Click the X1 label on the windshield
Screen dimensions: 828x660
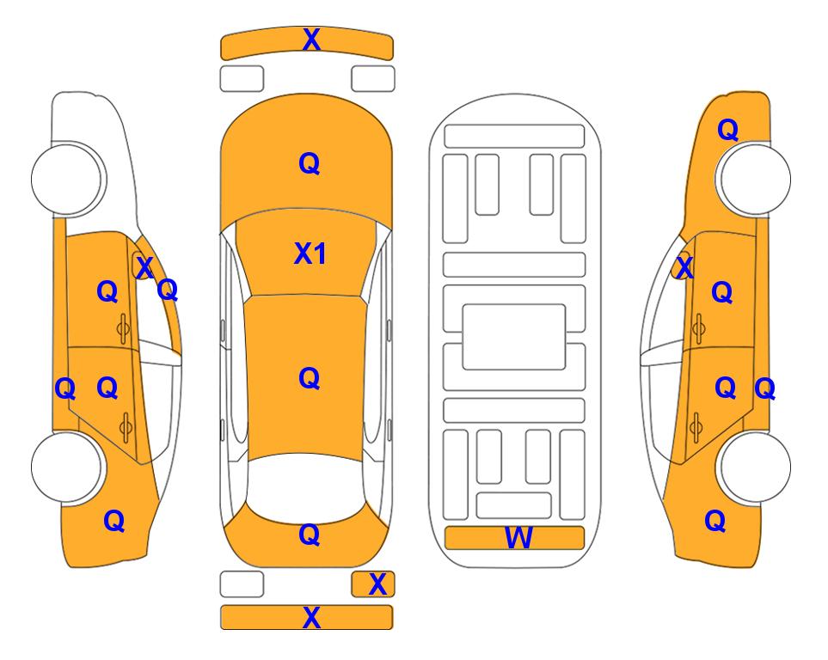coord(310,254)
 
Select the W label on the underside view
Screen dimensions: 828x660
coord(518,538)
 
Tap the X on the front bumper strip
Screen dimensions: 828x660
coord(311,39)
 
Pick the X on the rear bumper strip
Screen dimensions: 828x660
coord(311,617)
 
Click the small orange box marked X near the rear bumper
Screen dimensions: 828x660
coord(373,584)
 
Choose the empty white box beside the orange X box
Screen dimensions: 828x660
coord(242,584)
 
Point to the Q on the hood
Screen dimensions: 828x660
coord(310,163)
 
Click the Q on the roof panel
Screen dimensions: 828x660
coord(310,378)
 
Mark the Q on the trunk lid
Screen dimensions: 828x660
coord(310,535)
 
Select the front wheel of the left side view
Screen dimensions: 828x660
coord(67,179)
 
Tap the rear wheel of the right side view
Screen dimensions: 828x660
coord(754,467)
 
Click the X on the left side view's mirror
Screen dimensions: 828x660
coord(144,267)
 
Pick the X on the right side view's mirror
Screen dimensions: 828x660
coord(684,267)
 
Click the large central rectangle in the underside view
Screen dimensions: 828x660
coord(514,337)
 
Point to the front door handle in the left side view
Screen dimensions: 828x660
coord(123,328)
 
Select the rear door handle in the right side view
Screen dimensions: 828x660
coord(696,427)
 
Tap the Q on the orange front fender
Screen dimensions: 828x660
coord(727,130)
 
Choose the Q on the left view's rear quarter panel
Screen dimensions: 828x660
coord(114,521)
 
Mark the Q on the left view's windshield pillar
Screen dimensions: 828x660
coord(168,290)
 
